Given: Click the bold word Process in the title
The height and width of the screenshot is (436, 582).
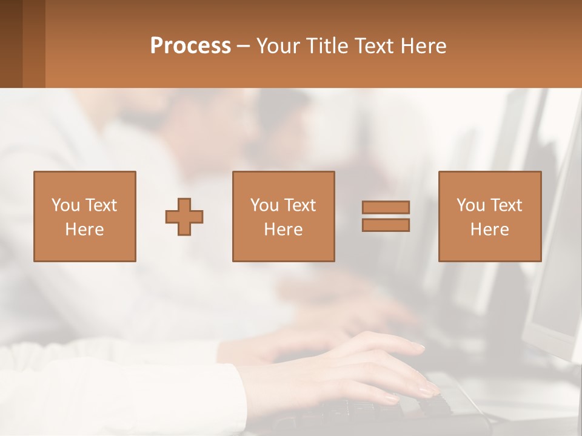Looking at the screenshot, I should (190, 46).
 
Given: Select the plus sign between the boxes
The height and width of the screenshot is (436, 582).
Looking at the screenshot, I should (184, 217).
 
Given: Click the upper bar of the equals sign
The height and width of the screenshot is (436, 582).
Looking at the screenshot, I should (386, 207).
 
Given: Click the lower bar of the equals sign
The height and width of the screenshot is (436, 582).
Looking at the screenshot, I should (386, 225).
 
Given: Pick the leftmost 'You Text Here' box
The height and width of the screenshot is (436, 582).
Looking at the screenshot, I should (85, 216).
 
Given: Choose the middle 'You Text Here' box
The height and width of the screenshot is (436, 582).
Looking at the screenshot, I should (283, 216).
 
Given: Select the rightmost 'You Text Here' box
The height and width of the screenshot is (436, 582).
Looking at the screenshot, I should (489, 216).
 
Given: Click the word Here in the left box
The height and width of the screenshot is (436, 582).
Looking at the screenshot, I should (84, 230).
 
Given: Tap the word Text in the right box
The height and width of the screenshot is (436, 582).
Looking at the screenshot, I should (506, 205).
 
